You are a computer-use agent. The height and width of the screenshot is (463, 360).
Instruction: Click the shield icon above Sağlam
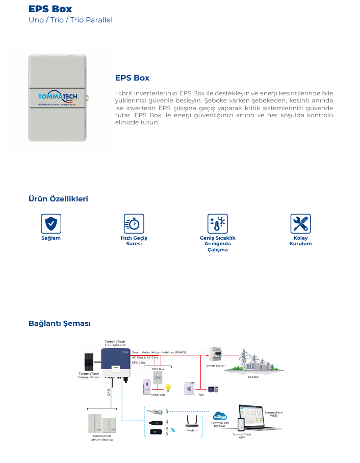click(51, 224)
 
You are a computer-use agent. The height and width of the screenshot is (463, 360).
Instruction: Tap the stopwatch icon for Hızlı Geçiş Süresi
click(134, 224)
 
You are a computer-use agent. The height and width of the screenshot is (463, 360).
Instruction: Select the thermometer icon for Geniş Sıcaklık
click(218, 224)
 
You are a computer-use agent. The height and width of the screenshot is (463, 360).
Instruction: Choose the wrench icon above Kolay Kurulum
click(300, 224)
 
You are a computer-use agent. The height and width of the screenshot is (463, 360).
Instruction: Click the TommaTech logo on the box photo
click(58, 98)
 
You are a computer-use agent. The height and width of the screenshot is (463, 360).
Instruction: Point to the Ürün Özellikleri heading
click(58, 199)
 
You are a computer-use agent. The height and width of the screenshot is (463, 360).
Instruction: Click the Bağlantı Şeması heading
click(60, 324)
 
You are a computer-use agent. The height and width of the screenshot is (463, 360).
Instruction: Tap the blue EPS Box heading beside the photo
click(132, 78)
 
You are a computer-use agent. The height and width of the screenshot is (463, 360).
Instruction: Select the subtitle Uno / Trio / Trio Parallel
click(70, 20)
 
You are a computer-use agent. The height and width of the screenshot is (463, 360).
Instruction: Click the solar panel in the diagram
click(89, 362)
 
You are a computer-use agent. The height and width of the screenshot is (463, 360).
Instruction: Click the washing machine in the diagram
click(190, 388)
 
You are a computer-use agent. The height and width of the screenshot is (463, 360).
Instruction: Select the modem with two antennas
click(192, 422)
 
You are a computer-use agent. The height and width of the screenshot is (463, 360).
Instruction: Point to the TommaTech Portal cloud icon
click(220, 416)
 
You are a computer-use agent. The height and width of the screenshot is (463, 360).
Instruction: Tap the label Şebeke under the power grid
click(253, 377)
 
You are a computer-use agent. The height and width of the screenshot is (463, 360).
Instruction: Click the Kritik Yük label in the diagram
click(158, 395)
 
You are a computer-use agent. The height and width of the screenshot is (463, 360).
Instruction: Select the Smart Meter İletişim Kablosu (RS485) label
click(159, 352)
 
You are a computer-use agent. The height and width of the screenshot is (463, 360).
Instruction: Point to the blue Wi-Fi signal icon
click(172, 430)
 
